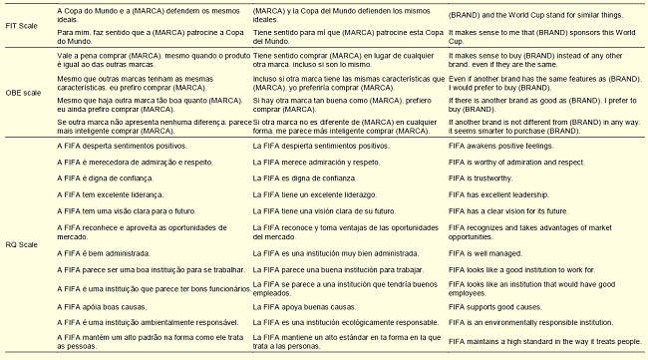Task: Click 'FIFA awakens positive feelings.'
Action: [x=501, y=145]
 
